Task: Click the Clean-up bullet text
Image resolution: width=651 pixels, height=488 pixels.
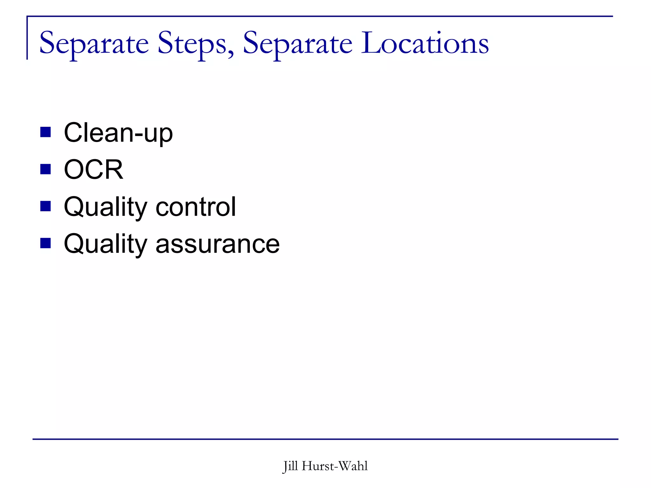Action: pyautogui.click(x=118, y=132)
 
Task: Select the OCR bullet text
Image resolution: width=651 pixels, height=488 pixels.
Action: pyautogui.click(x=93, y=169)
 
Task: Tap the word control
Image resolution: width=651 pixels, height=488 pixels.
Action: pyautogui.click(x=196, y=207)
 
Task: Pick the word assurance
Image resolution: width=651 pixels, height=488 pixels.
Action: pyautogui.click(x=217, y=244)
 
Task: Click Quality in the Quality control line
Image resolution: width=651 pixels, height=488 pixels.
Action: pyautogui.click(x=105, y=207)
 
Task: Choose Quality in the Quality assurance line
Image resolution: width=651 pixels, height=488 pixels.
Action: pyautogui.click(x=105, y=244)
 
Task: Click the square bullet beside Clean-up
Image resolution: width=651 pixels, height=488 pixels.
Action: pyautogui.click(x=45, y=132)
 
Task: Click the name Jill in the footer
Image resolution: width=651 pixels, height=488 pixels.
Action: pyautogui.click(x=290, y=466)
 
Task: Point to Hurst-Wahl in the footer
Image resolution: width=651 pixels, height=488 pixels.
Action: pyautogui.click(x=335, y=466)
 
